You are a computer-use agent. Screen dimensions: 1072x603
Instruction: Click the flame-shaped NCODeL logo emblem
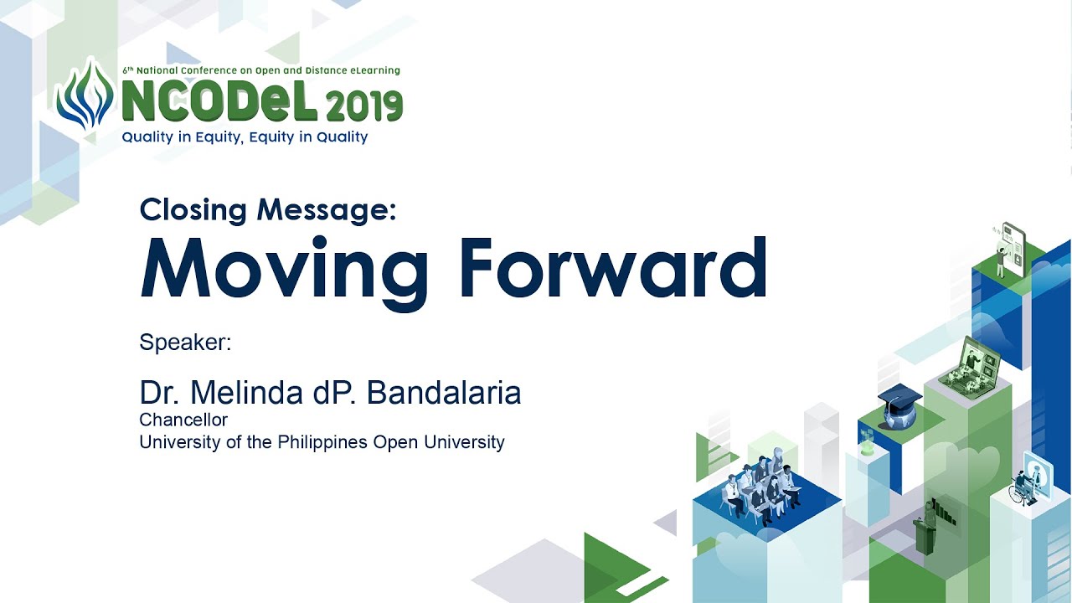[x=85, y=94]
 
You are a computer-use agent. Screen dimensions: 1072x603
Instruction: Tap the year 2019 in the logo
[x=364, y=106]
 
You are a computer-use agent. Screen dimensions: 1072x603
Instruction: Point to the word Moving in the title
[x=284, y=271]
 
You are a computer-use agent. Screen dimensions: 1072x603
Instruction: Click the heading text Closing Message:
[x=268, y=209]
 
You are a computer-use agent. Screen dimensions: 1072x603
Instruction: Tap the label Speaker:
[x=185, y=343]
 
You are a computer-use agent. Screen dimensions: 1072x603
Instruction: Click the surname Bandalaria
[x=444, y=393]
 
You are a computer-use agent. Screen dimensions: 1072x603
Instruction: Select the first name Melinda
[x=246, y=393]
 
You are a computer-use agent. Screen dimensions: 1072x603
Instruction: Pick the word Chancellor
[x=183, y=420]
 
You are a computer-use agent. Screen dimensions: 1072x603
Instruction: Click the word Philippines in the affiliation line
[x=322, y=443]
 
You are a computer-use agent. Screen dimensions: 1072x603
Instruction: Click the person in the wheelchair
[x=1023, y=488]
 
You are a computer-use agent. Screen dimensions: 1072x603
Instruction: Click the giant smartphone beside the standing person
[x=1014, y=249]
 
